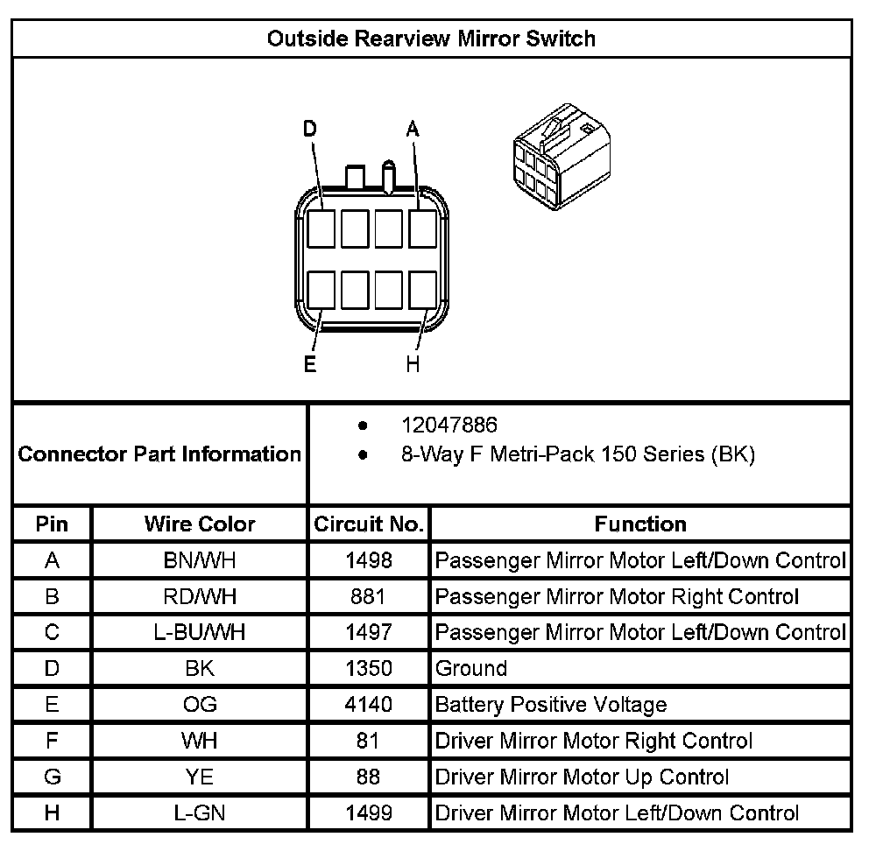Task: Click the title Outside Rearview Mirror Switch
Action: (x=431, y=39)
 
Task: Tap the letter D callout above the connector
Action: (x=309, y=130)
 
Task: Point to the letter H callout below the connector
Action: (x=413, y=364)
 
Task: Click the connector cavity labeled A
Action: (x=423, y=229)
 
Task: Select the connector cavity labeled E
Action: (x=321, y=290)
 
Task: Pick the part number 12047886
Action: (x=449, y=426)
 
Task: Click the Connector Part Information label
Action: (x=159, y=454)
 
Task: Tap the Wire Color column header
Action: (x=200, y=524)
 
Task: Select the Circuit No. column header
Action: (x=369, y=524)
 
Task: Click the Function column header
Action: (x=640, y=524)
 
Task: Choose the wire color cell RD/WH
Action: (x=200, y=597)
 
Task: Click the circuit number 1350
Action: (x=369, y=669)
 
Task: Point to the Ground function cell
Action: (x=471, y=669)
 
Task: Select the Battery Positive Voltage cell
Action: (x=551, y=705)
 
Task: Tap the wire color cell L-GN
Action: (x=200, y=813)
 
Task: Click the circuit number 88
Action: (x=369, y=777)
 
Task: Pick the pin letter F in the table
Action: (x=52, y=741)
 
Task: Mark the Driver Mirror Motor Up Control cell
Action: (x=582, y=777)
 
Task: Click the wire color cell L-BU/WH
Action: (x=200, y=632)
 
